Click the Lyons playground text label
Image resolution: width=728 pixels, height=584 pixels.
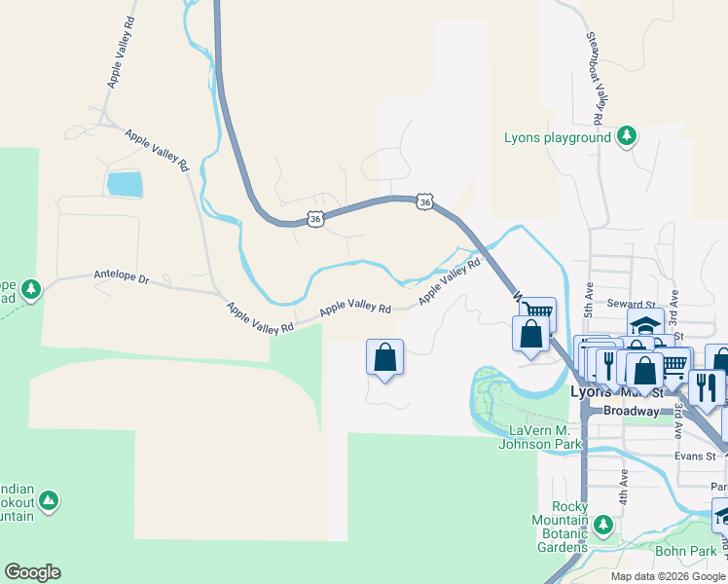click(x=557, y=137)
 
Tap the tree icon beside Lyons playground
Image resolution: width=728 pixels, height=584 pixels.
click(x=628, y=136)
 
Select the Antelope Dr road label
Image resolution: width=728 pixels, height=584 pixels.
click(x=122, y=278)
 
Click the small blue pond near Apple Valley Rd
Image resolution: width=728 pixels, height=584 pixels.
click(x=125, y=183)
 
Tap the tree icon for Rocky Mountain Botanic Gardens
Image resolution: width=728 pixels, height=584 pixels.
click(x=603, y=526)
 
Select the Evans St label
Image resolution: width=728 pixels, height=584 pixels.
click(x=697, y=456)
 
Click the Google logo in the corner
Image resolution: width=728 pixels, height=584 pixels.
click(x=32, y=572)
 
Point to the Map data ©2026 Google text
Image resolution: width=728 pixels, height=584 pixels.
click(x=668, y=576)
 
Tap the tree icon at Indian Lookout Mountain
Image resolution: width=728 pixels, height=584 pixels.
click(x=48, y=501)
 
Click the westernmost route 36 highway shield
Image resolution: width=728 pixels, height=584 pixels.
click(x=314, y=220)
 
